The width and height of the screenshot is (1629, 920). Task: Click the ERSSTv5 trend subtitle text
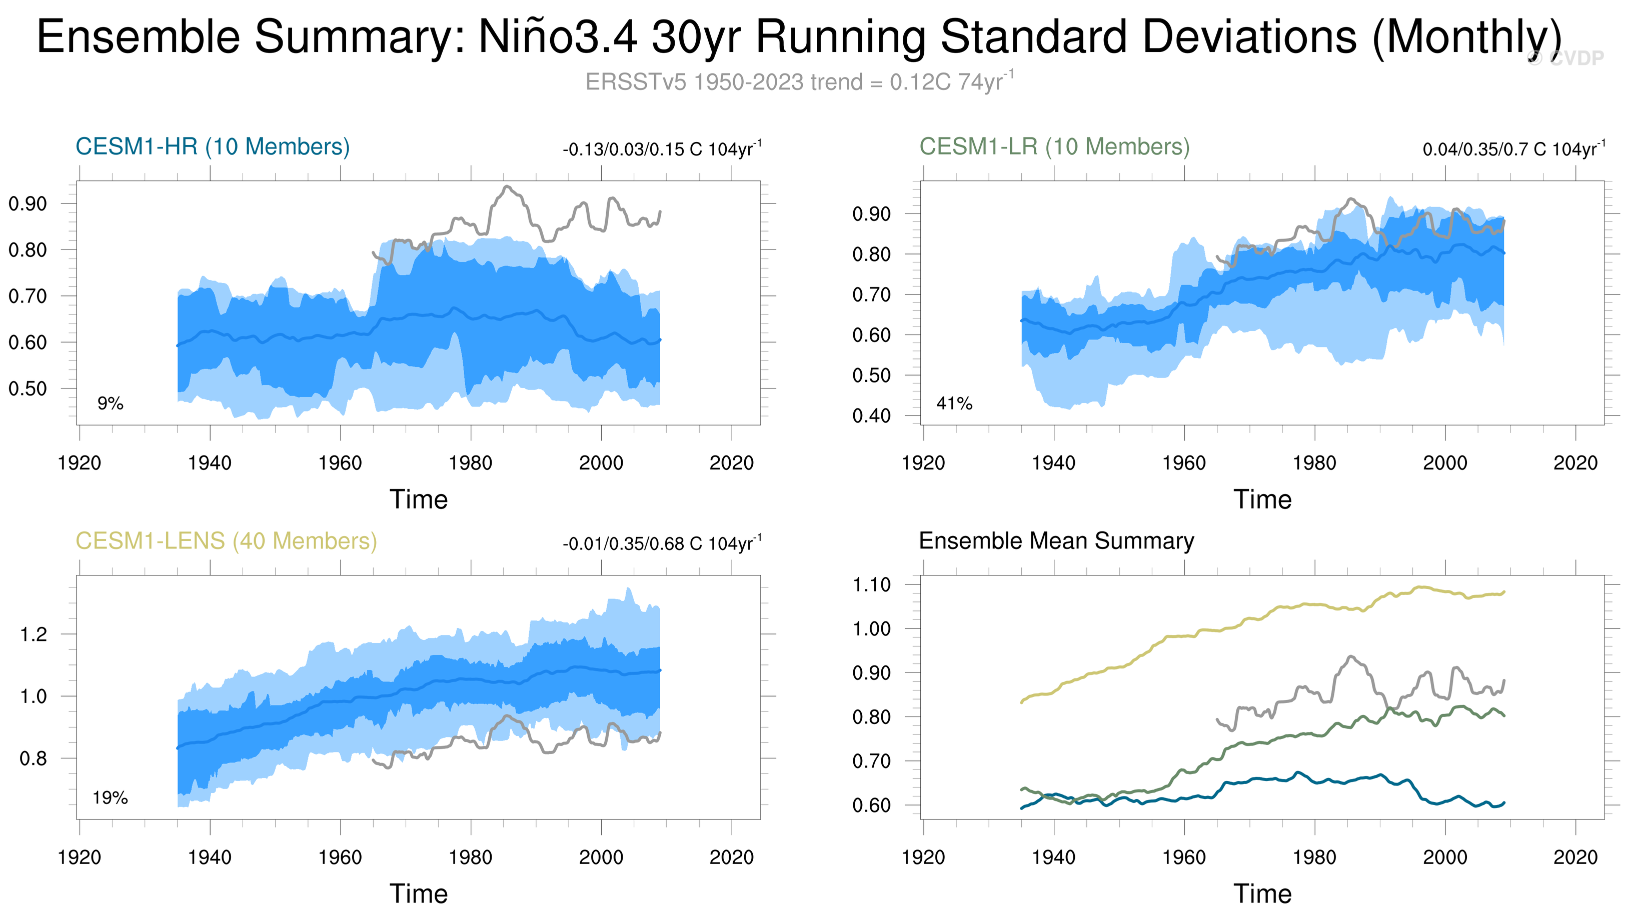point(799,82)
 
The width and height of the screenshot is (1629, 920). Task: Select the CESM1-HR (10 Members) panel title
point(213,146)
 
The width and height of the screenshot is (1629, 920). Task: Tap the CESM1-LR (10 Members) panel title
point(1054,146)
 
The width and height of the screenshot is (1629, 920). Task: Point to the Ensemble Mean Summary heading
point(1056,541)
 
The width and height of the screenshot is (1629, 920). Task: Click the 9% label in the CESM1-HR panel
point(110,403)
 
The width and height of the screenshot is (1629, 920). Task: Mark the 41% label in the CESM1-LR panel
point(954,403)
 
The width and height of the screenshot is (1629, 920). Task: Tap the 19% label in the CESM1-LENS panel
point(110,798)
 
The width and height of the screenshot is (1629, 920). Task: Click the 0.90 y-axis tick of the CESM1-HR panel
point(28,203)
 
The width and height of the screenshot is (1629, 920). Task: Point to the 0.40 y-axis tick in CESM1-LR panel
point(871,416)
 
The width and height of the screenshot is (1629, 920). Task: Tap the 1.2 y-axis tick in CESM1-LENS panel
point(34,634)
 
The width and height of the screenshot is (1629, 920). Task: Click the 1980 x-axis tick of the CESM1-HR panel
point(471,463)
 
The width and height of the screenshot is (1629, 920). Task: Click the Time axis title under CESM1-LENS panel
point(419,894)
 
